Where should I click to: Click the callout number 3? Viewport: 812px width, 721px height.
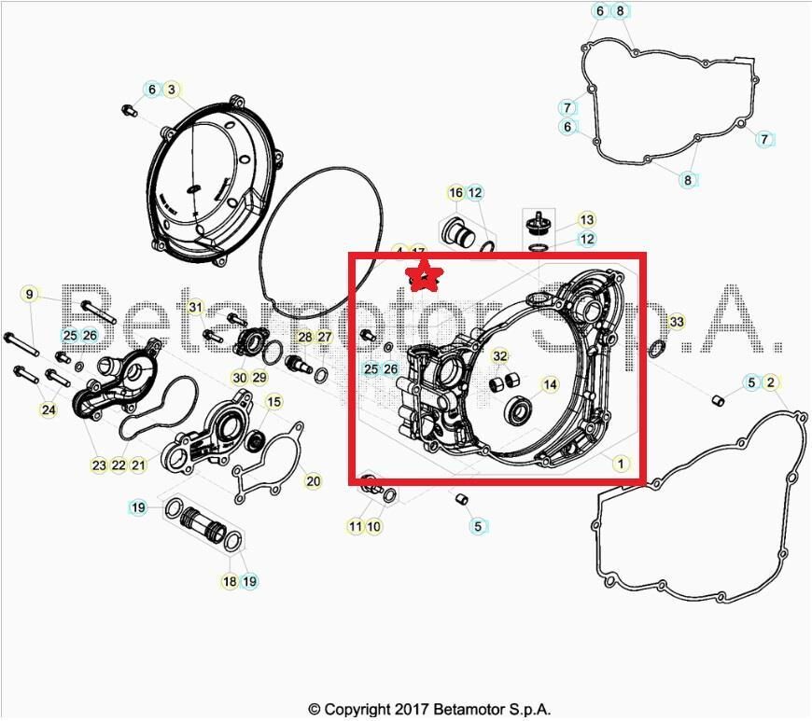pyautogui.click(x=171, y=90)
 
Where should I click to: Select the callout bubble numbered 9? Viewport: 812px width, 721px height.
pyautogui.click(x=29, y=295)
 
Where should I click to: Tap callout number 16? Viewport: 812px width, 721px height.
pyautogui.click(x=455, y=193)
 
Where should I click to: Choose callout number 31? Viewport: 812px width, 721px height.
pyautogui.click(x=194, y=307)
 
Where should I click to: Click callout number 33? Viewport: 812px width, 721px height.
pyautogui.click(x=677, y=322)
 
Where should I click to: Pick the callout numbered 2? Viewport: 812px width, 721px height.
pyautogui.click(x=770, y=382)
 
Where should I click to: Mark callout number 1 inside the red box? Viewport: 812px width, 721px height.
pyautogui.click(x=618, y=462)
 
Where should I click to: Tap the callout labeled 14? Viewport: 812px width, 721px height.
pyautogui.click(x=550, y=384)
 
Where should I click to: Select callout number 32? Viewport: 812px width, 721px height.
pyautogui.click(x=500, y=356)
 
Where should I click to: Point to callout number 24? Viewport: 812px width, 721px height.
pyautogui.click(x=49, y=409)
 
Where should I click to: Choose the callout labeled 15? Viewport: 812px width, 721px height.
pyautogui.click(x=273, y=402)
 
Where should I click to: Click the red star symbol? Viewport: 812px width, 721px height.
pyautogui.click(x=427, y=275)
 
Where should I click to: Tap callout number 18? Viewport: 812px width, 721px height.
pyautogui.click(x=230, y=581)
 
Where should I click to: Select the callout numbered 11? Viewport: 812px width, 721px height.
pyautogui.click(x=356, y=527)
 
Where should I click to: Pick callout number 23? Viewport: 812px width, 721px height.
pyautogui.click(x=99, y=464)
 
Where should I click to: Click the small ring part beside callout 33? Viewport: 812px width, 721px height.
pyautogui.click(x=656, y=349)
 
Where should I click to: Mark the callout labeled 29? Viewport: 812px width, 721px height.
pyautogui.click(x=259, y=378)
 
